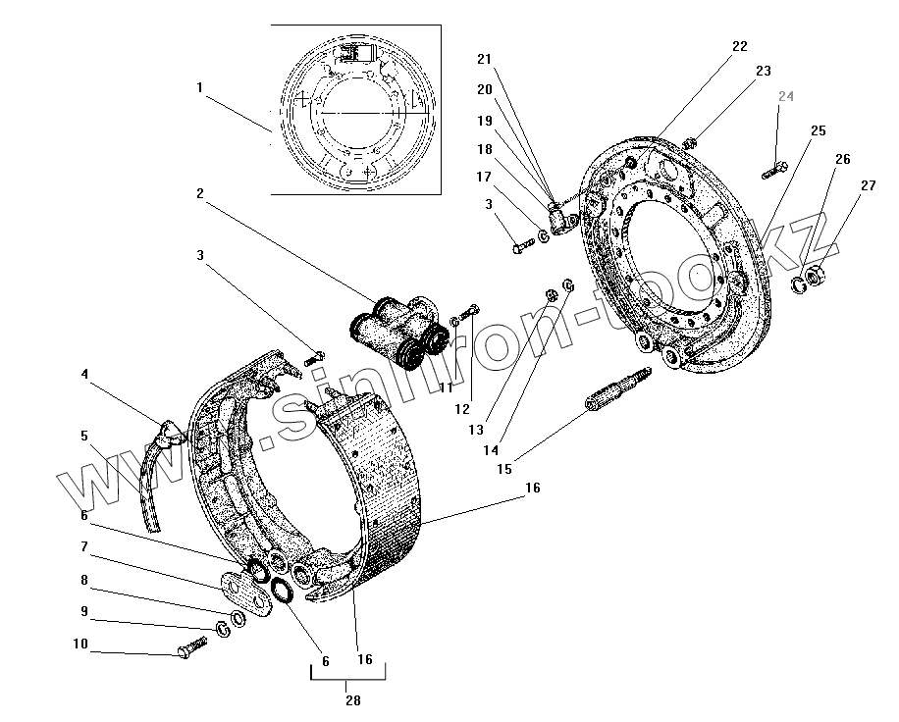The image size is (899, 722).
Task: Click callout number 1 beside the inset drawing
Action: [x=199, y=87]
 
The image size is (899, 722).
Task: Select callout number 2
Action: [x=200, y=193]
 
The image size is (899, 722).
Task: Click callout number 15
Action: [x=504, y=469]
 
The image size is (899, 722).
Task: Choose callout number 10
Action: [x=79, y=645]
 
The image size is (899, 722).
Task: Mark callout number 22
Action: [x=739, y=46]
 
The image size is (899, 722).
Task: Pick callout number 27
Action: [x=868, y=184]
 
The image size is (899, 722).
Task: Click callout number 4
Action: [x=84, y=374]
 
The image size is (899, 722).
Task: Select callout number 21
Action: [x=483, y=59]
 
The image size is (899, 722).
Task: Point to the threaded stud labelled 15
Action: [x=608, y=396]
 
